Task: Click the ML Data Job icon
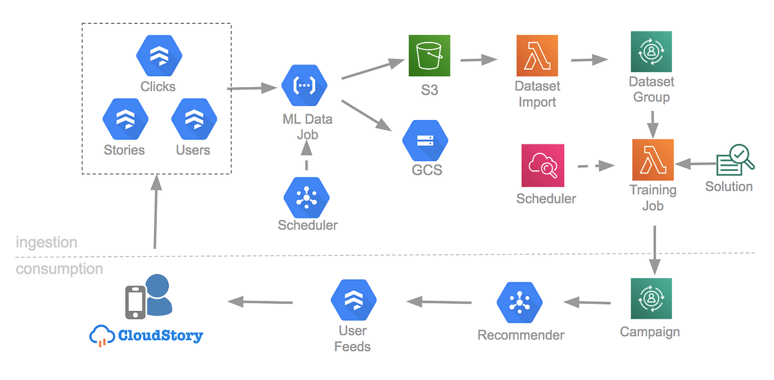(x=305, y=86)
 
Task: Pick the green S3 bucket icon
(x=429, y=56)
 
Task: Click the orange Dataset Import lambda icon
(x=537, y=56)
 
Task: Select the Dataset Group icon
(x=651, y=52)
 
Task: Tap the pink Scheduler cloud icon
(x=542, y=165)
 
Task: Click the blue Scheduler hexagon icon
(x=306, y=198)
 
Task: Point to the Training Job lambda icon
(x=653, y=160)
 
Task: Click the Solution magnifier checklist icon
(x=734, y=159)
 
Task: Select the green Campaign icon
(x=651, y=299)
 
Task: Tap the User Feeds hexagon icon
(x=353, y=301)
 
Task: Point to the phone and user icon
(x=148, y=297)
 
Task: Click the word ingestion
(x=46, y=243)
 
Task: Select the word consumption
(x=59, y=269)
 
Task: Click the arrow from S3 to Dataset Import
(x=479, y=60)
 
